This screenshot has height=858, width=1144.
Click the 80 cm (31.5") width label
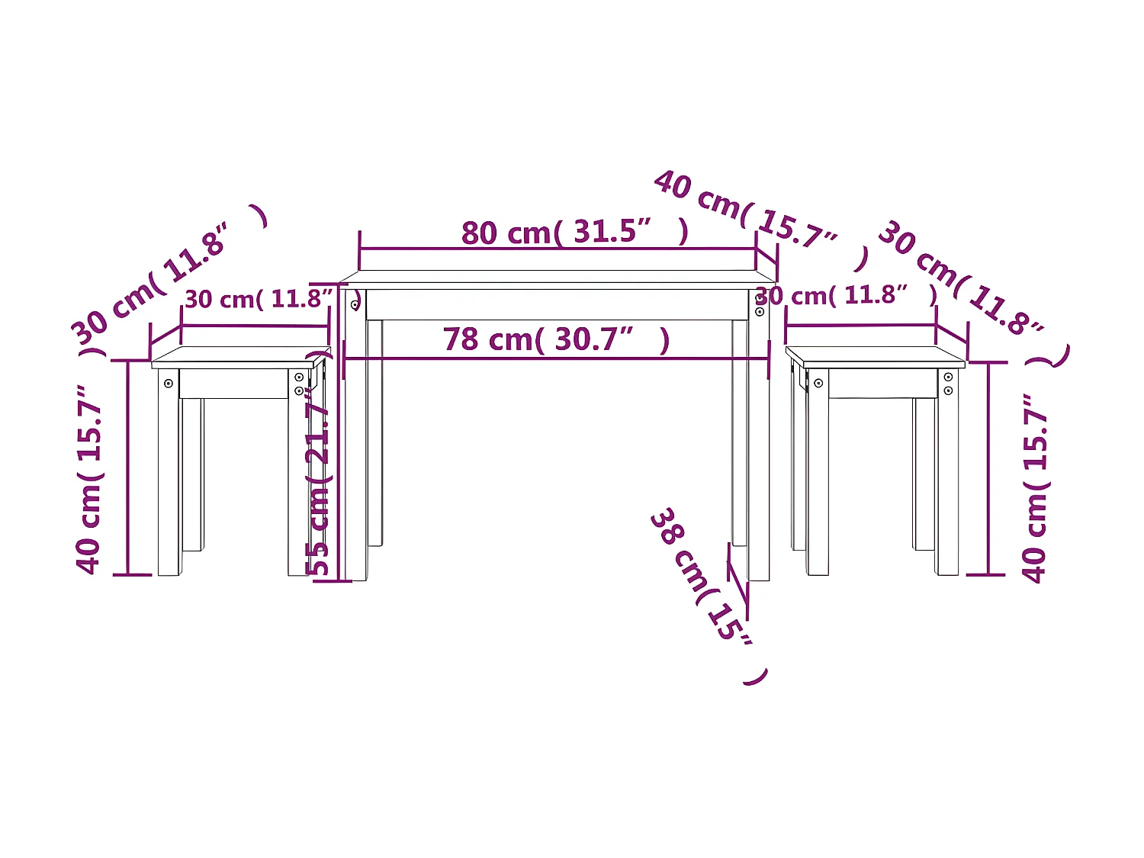coord(574,232)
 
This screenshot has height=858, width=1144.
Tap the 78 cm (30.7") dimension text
coord(556,339)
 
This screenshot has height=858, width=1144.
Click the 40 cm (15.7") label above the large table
coord(762,220)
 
